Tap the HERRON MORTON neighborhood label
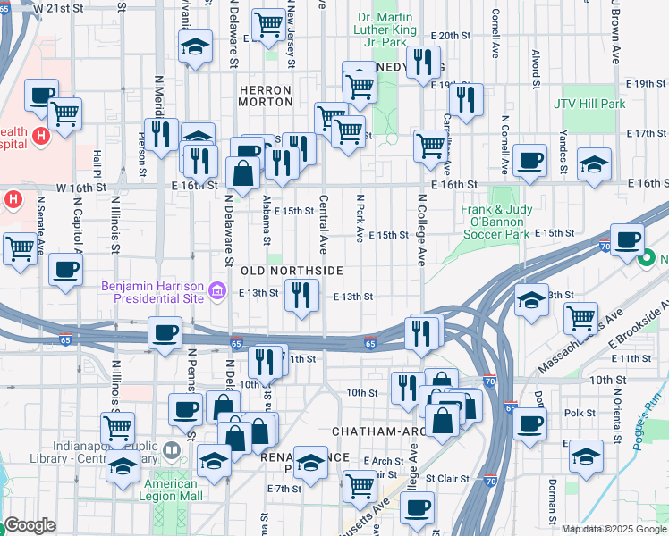[x=265, y=97]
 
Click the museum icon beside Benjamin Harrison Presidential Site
[x=216, y=291]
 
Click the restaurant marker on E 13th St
[x=301, y=295]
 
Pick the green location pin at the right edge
[x=647, y=259]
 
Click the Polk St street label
[x=580, y=414]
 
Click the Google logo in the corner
[x=30, y=525]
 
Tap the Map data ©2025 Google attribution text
[x=614, y=529]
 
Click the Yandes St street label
[x=563, y=152]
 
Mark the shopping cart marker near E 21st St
[x=267, y=25]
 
